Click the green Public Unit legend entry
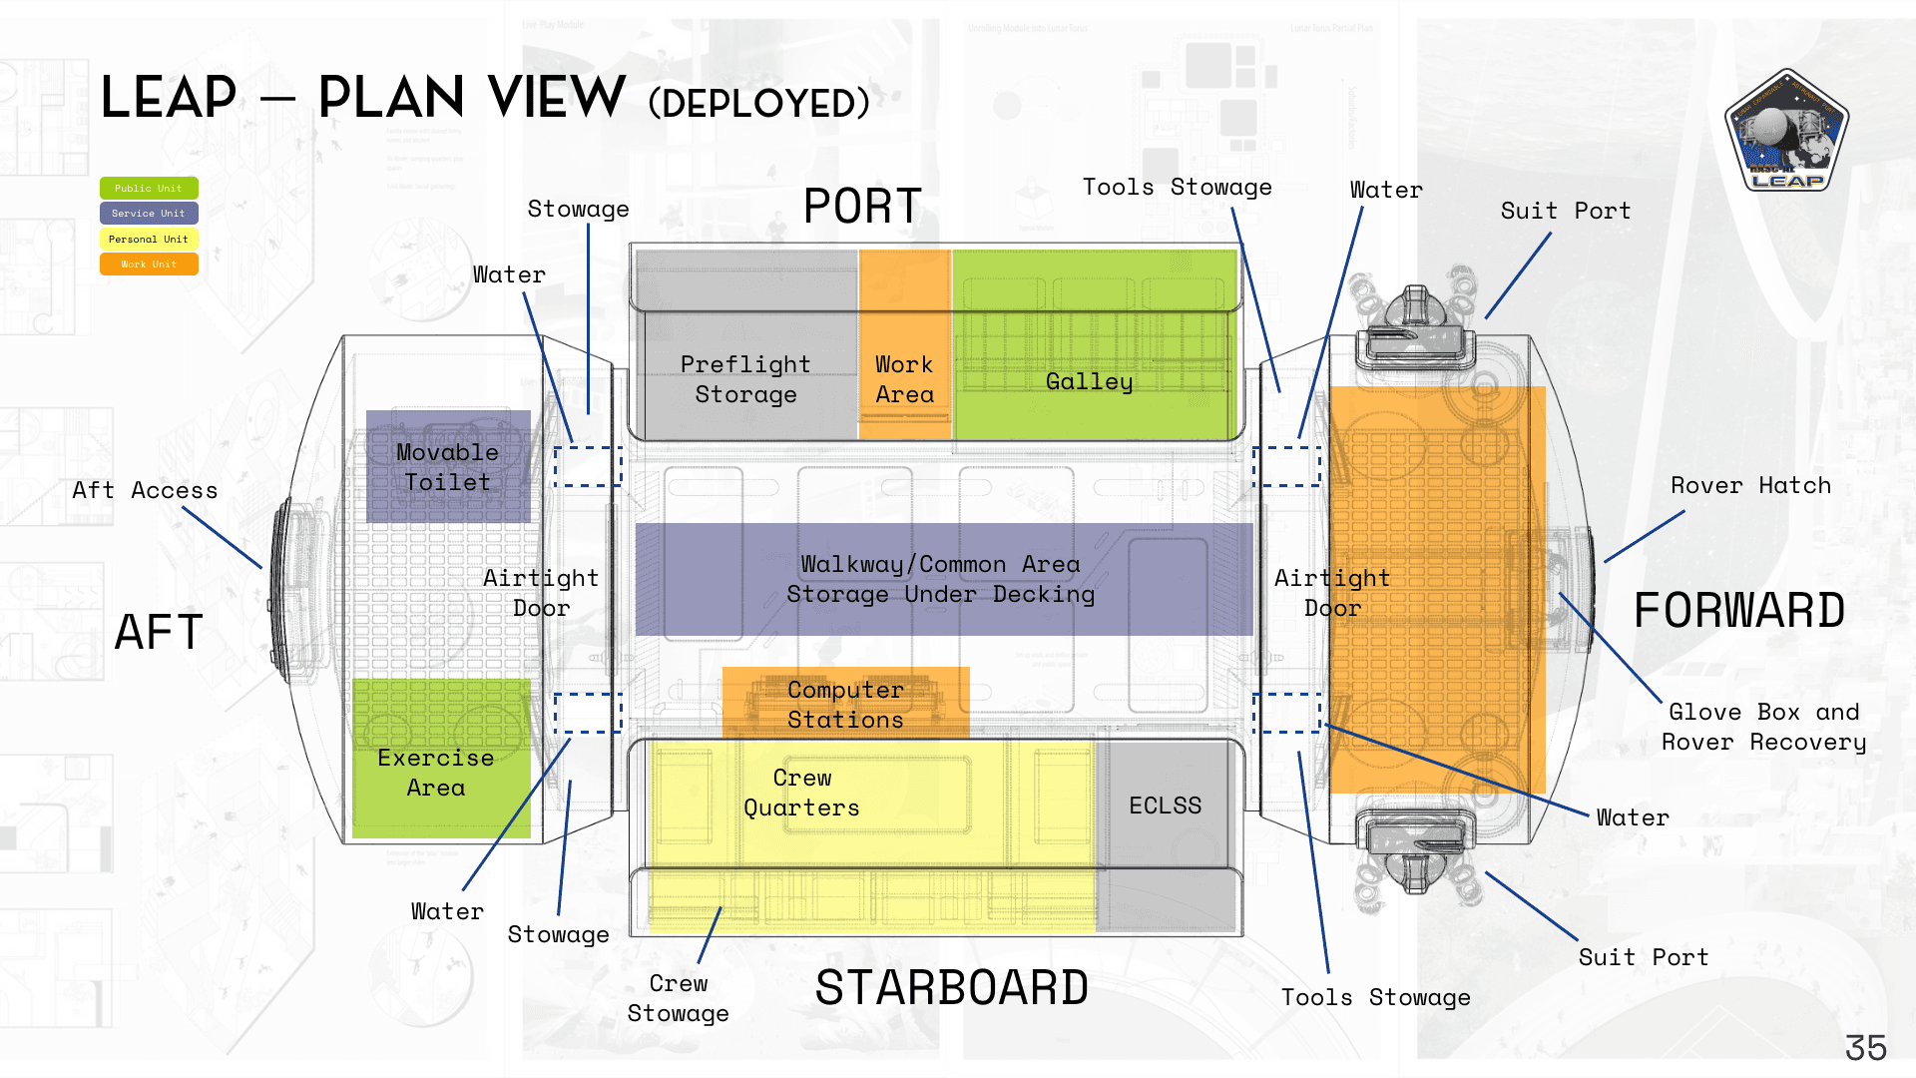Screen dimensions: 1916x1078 [x=149, y=188]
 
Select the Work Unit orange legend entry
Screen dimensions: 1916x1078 [x=149, y=265]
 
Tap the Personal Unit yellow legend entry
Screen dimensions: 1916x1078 [x=149, y=240]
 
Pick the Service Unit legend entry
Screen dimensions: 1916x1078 [x=149, y=214]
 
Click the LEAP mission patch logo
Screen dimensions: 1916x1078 [x=1786, y=131]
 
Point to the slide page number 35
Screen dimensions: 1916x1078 [x=1865, y=1048]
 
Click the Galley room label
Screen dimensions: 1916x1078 [x=1089, y=381]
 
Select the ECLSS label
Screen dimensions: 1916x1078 [x=1165, y=806]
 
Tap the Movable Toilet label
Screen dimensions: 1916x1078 [x=447, y=467]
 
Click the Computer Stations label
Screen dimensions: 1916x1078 [x=845, y=705]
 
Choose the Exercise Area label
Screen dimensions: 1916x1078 [x=436, y=773]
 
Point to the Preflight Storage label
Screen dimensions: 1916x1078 [x=745, y=379]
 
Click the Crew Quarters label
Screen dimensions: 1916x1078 [x=801, y=793]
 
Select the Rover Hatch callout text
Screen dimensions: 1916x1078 [x=1750, y=486]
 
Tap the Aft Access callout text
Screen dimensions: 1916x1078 [x=145, y=490]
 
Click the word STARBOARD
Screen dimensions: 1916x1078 [x=951, y=988]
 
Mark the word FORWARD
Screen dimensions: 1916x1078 [x=1739, y=611]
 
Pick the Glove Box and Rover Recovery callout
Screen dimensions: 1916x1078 [x=1763, y=727]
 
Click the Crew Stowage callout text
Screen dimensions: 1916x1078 [x=679, y=998]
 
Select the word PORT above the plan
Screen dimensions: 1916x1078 [x=862, y=207]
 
